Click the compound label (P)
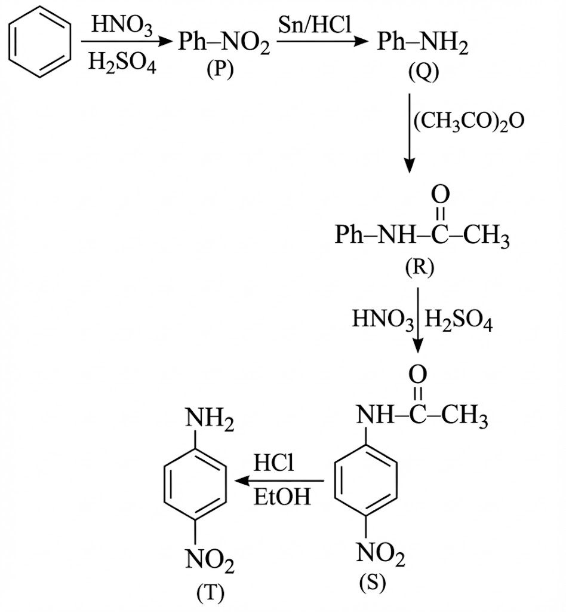pyautogui.click(x=220, y=70)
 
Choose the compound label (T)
pyautogui.click(x=209, y=591)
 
